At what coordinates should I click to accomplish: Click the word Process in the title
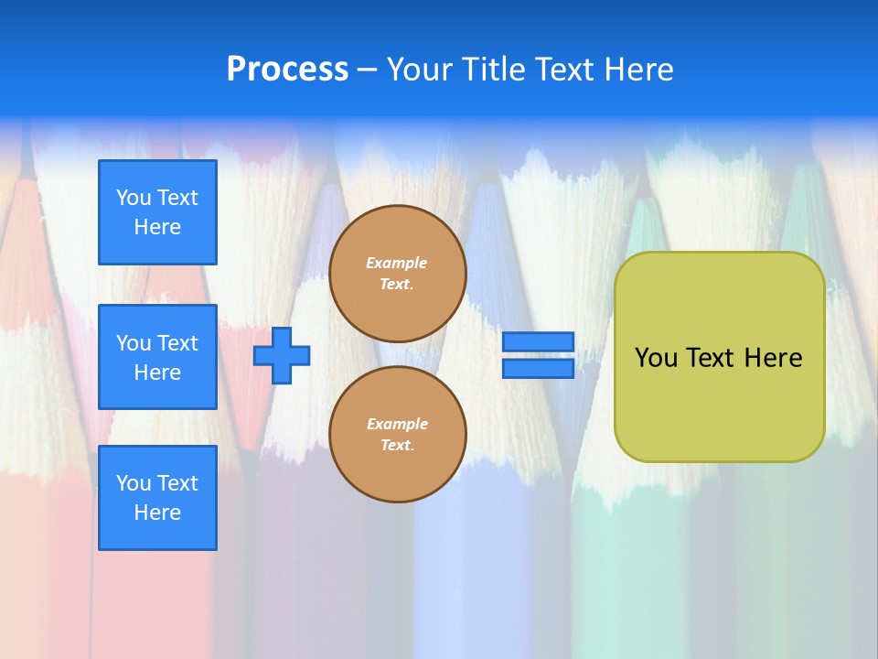(287, 70)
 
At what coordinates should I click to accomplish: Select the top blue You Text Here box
(157, 212)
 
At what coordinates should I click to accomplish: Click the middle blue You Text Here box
(157, 357)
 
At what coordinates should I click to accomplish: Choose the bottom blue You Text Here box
(157, 498)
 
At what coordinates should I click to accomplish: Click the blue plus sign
(282, 355)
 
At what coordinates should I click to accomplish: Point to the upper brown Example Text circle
(397, 274)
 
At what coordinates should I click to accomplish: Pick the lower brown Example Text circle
(397, 435)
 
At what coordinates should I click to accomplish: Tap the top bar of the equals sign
(538, 341)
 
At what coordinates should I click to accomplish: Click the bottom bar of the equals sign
(538, 368)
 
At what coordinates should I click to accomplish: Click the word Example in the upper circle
(397, 264)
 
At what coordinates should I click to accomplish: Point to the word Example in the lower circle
(397, 425)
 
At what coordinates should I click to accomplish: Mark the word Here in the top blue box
(157, 227)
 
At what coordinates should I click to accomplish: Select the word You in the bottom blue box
(134, 483)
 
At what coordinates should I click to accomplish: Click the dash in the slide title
(368, 70)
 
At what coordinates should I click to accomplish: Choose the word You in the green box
(656, 358)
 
